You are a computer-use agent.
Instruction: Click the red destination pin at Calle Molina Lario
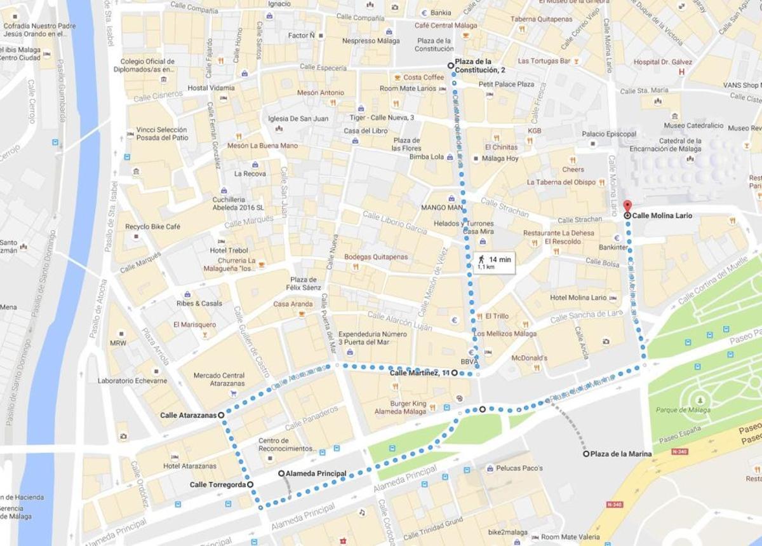(627, 206)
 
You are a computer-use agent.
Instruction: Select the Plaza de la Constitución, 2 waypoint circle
(451, 65)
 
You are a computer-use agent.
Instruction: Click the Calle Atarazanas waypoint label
(188, 415)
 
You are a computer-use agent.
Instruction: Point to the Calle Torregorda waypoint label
(217, 484)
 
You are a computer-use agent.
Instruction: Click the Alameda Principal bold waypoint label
(316, 474)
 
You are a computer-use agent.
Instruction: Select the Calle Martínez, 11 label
(419, 372)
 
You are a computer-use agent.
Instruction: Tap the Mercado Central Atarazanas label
(219, 379)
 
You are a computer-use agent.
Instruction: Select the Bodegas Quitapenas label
(376, 257)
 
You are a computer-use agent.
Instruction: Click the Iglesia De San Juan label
(298, 118)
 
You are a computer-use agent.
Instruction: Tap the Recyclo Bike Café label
(152, 226)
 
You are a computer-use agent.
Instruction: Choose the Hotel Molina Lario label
(578, 297)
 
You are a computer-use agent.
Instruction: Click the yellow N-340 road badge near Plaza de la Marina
(678, 451)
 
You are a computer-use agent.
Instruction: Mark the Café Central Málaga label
(446, 25)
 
